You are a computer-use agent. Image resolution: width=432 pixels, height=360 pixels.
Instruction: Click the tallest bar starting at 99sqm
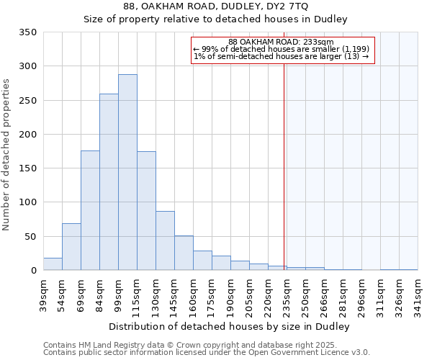click(127, 173)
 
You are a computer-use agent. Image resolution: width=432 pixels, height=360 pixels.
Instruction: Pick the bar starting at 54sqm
click(71, 247)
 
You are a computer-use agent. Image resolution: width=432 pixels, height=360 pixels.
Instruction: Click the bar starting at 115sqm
click(146, 211)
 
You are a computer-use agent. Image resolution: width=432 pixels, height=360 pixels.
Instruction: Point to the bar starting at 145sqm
click(184, 253)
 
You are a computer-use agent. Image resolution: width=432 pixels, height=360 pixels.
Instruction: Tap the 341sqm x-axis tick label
click(418, 295)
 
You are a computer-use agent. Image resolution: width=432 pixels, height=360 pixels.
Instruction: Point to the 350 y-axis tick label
click(28, 32)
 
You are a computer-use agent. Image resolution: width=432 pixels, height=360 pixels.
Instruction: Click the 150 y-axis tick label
click(28, 168)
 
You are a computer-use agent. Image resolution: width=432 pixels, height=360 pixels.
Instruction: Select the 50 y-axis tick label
click(31, 237)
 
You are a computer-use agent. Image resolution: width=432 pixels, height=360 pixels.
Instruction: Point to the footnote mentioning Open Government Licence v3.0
click(207, 352)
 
